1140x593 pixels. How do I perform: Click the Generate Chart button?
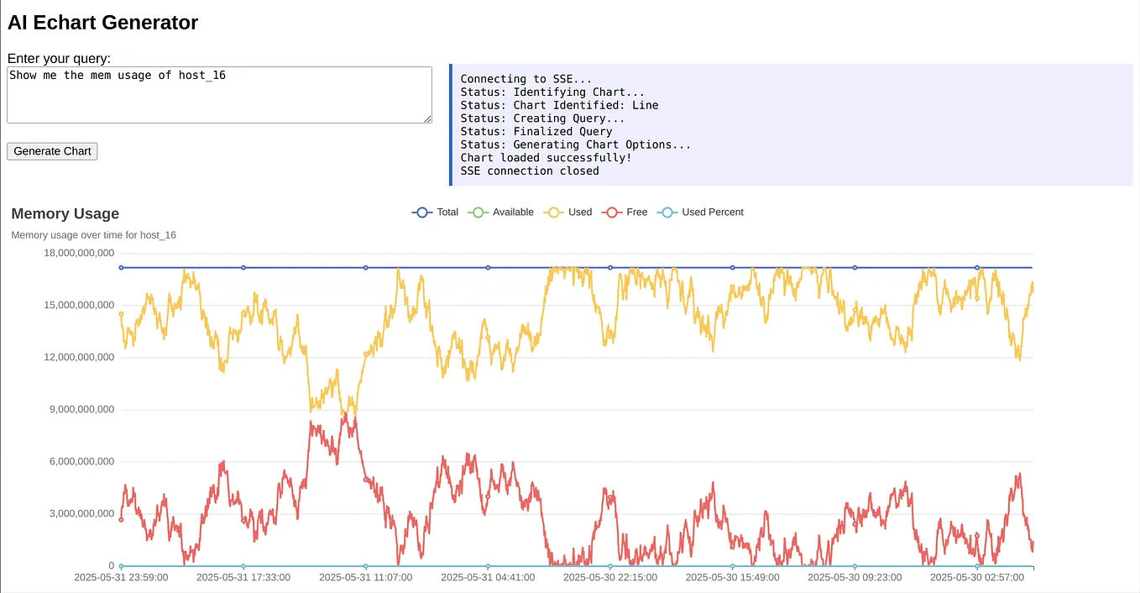click(x=52, y=151)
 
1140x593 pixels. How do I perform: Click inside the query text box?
click(x=219, y=95)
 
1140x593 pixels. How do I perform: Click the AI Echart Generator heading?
click(x=102, y=23)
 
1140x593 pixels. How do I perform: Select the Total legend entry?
click(x=436, y=213)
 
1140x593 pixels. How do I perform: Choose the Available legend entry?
click(x=501, y=213)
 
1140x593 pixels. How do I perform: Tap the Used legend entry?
click(x=569, y=213)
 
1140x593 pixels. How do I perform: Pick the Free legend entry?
click(x=627, y=213)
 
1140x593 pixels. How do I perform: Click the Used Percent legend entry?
click(x=701, y=213)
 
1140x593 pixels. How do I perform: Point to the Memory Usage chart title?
click(x=65, y=213)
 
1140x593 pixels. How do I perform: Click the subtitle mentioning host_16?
click(x=93, y=235)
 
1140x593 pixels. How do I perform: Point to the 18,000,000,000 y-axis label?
click(x=79, y=254)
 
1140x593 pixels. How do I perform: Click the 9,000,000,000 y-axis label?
click(x=81, y=410)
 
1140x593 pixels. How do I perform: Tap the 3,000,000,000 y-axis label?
click(x=81, y=514)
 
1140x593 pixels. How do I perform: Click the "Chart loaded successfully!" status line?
click(x=546, y=158)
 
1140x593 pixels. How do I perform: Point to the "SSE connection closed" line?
click(x=530, y=171)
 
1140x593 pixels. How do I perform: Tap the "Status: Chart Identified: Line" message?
click(x=559, y=106)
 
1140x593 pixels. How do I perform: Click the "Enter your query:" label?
click(x=59, y=59)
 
